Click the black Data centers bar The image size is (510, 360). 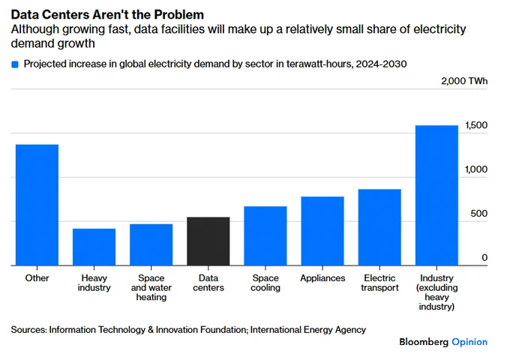pyautogui.click(x=208, y=241)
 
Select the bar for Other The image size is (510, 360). pyautogui.click(x=37, y=205)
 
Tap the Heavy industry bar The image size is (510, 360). pyautogui.click(x=94, y=247)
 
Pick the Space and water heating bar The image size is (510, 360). pyautogui.click(x=151, y=245)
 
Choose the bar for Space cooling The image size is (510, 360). pyautogui.click(x=265, y=235)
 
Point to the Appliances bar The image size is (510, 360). pyautogui.click(x=322, y=231)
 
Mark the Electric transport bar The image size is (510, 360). pyautogui.click(x=379, y=227)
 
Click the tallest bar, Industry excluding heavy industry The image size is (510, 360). pyautogui.click(x=436, y=196)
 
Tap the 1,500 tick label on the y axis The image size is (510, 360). pyautogui.click(x=476, y=125)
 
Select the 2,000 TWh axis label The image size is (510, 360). pyautogui.click(x=464, y=81)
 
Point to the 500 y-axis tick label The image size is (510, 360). pyautogui.click(x=478, y=214)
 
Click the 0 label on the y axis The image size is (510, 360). pyautogui.click(x=484, y=258)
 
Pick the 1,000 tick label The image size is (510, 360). pyautogui.click(x=476, y=169)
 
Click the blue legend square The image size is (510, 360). pyautogui.click(x=15, y=64)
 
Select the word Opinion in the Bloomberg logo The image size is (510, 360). pyautogui.click(x=469, y=342)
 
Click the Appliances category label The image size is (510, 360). pyautogui.click(x=322, y=278)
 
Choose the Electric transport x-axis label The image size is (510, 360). pyautogui.click(x=379, y=283)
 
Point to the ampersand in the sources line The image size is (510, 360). pyautogui.click(x=151, y=330)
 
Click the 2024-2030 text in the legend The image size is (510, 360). pyautogui.click(x=381, y=64)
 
